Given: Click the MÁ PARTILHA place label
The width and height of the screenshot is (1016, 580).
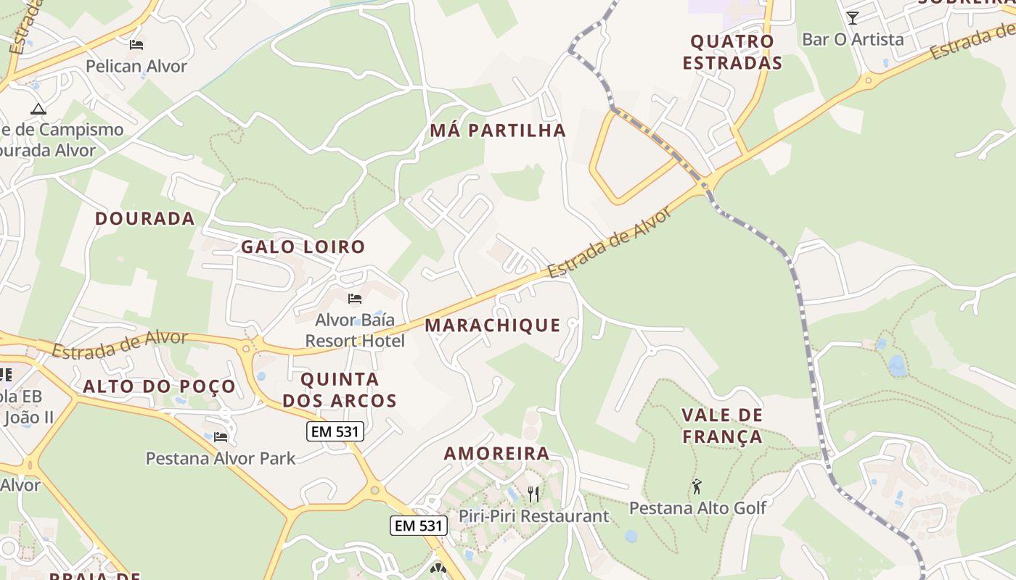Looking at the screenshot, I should click(x=497, y=130).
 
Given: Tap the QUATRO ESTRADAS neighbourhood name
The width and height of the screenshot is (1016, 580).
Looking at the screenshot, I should click(x=732, y=52).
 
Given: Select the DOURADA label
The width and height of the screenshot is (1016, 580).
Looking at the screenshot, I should click(x=144, y=218).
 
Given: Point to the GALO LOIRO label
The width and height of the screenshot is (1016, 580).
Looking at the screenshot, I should click(x=303, y=246).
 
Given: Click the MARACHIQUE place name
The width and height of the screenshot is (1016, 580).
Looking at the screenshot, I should click(x=492, y=325).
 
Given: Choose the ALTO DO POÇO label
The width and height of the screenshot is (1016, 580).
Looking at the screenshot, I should click(x=159, y=386).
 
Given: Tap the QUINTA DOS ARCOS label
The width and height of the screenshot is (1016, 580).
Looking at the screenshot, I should click(x=340, y=389).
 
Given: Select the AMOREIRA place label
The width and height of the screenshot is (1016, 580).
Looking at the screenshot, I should click(x=496, y=454).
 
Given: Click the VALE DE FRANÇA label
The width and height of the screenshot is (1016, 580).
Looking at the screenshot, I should click(x=721, y=426).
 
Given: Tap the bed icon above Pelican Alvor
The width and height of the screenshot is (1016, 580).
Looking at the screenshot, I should click(x=136, y=45).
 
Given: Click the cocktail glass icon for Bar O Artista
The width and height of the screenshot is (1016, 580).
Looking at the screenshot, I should click(x=852, y=18).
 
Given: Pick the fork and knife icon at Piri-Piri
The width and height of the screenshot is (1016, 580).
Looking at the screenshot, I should click(x=533, y=494).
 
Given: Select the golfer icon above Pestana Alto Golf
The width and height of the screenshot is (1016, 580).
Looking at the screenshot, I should click(x=697, y=486).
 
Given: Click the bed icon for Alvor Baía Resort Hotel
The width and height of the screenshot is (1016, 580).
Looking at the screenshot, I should click(x=355, y=299).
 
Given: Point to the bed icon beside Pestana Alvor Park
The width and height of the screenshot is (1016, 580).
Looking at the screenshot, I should click(x=221, y=437).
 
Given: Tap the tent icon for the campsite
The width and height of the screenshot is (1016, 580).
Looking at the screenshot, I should click(x=38, y=109).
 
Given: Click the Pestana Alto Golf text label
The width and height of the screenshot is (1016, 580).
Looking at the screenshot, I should click(x=697, y=507).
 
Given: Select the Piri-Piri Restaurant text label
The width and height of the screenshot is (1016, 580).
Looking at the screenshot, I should click(x=533, y=516).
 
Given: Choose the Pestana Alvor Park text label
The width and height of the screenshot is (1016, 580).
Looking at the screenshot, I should click(x=221, y=458).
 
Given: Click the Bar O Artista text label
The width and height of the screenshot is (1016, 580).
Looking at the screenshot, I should click(x=853, y=39).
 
